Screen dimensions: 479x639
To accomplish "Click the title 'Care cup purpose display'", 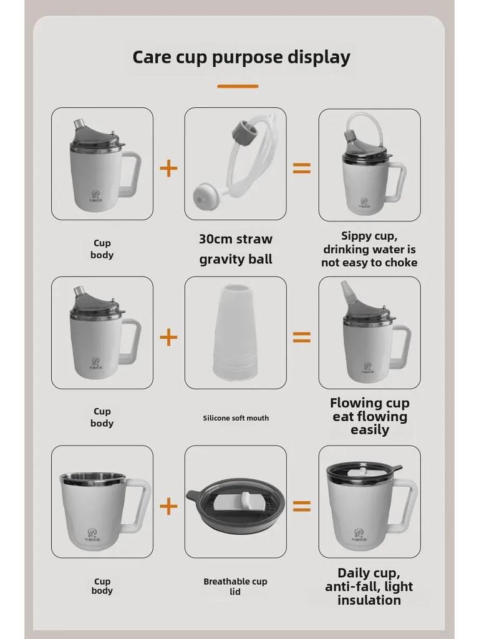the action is point(241,57).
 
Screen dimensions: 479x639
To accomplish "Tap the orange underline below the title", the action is point(238,86).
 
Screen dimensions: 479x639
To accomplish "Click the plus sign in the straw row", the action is point(168,168).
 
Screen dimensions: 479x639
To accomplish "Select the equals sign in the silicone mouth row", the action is point(302,338).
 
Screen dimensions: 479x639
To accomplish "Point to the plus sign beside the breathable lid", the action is point(168,506).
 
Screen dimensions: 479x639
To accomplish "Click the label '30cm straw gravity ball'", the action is point(236,249).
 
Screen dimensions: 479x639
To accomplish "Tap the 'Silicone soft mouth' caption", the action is point(236,417).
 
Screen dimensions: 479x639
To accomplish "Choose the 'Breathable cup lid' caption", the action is point(235,586).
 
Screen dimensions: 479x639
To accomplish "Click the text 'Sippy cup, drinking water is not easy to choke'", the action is point(369,249).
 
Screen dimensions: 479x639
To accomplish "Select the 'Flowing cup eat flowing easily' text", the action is point(369,416).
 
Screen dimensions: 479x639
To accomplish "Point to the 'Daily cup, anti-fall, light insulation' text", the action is point(369,587).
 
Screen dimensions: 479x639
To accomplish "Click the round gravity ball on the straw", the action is point(206,195).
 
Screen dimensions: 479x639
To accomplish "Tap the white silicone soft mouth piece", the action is point(235,332).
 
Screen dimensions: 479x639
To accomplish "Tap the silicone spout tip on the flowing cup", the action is point(347,291).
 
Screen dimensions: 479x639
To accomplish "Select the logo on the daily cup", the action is point(359,534).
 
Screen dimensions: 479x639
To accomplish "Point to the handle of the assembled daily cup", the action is point(405,506).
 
